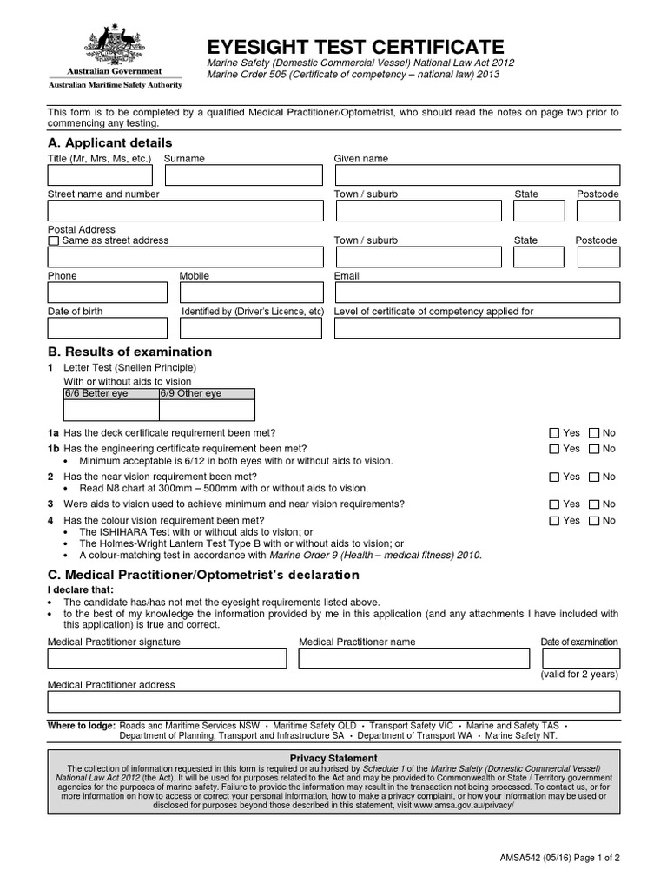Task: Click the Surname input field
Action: coord(243,175)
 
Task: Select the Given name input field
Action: coord(477,175)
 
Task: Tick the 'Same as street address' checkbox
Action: coord(54,240)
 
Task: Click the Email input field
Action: coord(477,293)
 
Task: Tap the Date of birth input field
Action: coord(108,327)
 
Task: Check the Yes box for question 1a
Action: coord(554,432)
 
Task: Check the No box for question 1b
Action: coord(594,449)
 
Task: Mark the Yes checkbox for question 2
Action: coord(554,477)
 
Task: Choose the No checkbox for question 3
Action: coord(594,504)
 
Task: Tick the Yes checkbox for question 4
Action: coord(554,521)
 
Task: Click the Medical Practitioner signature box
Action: coord(167,659)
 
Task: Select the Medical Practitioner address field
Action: coord(333,701)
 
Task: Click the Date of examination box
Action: coord(578,658)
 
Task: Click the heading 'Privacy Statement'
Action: coord(333,758)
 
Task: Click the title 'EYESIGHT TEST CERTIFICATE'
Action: coord(355,47)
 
